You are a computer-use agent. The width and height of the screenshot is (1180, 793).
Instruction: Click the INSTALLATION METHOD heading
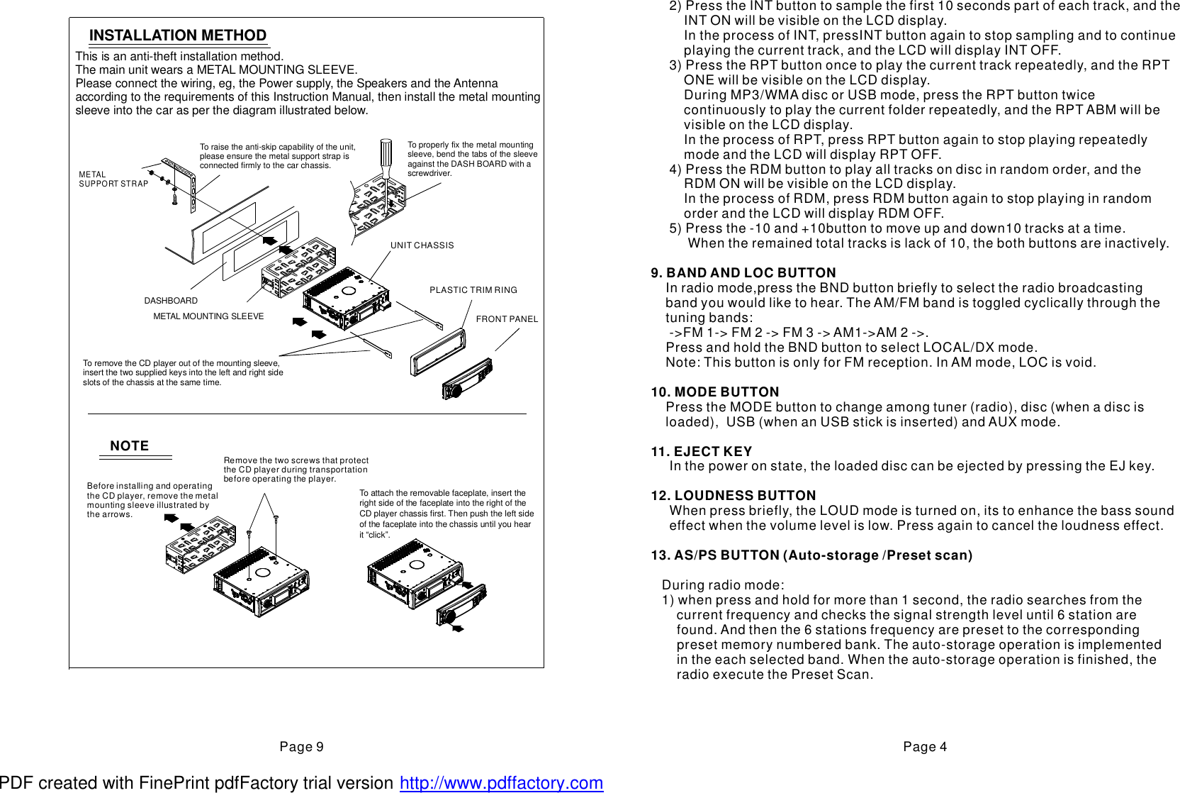pos(177,35)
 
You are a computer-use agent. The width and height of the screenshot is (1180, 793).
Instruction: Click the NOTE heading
pos(129,446)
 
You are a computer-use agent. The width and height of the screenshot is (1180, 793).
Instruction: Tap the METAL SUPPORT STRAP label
pos(113,179)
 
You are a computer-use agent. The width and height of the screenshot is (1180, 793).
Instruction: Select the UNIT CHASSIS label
pos(422,245)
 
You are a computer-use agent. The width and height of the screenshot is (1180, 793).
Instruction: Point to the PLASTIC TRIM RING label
pos(473,290)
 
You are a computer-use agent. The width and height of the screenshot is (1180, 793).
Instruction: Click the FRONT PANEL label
pos(507,319)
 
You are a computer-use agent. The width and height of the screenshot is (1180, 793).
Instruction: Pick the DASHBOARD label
pos(171,301)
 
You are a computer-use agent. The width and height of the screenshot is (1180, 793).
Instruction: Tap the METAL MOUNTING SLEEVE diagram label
pos(208,316)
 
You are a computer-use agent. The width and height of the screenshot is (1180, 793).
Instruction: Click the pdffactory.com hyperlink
pos(501,783)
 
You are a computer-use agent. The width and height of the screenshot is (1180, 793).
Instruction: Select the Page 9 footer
pos(301,747)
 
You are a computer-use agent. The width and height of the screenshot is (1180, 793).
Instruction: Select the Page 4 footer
pos(924,747)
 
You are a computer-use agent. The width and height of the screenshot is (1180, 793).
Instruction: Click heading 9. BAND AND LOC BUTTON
pos(743,273)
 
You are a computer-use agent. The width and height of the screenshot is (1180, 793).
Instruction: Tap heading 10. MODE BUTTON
pos(715,392)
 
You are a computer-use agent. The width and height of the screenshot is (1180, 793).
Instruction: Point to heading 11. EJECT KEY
pos(702,452)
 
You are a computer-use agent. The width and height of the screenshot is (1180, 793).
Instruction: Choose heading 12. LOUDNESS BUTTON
pos(734,496)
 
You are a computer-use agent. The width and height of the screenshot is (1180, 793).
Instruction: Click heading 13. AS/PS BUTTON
pos(811,555)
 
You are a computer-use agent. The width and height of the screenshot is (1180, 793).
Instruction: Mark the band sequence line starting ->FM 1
pos(798,333)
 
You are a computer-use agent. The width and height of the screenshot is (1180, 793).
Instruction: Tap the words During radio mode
pos(723,585)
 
